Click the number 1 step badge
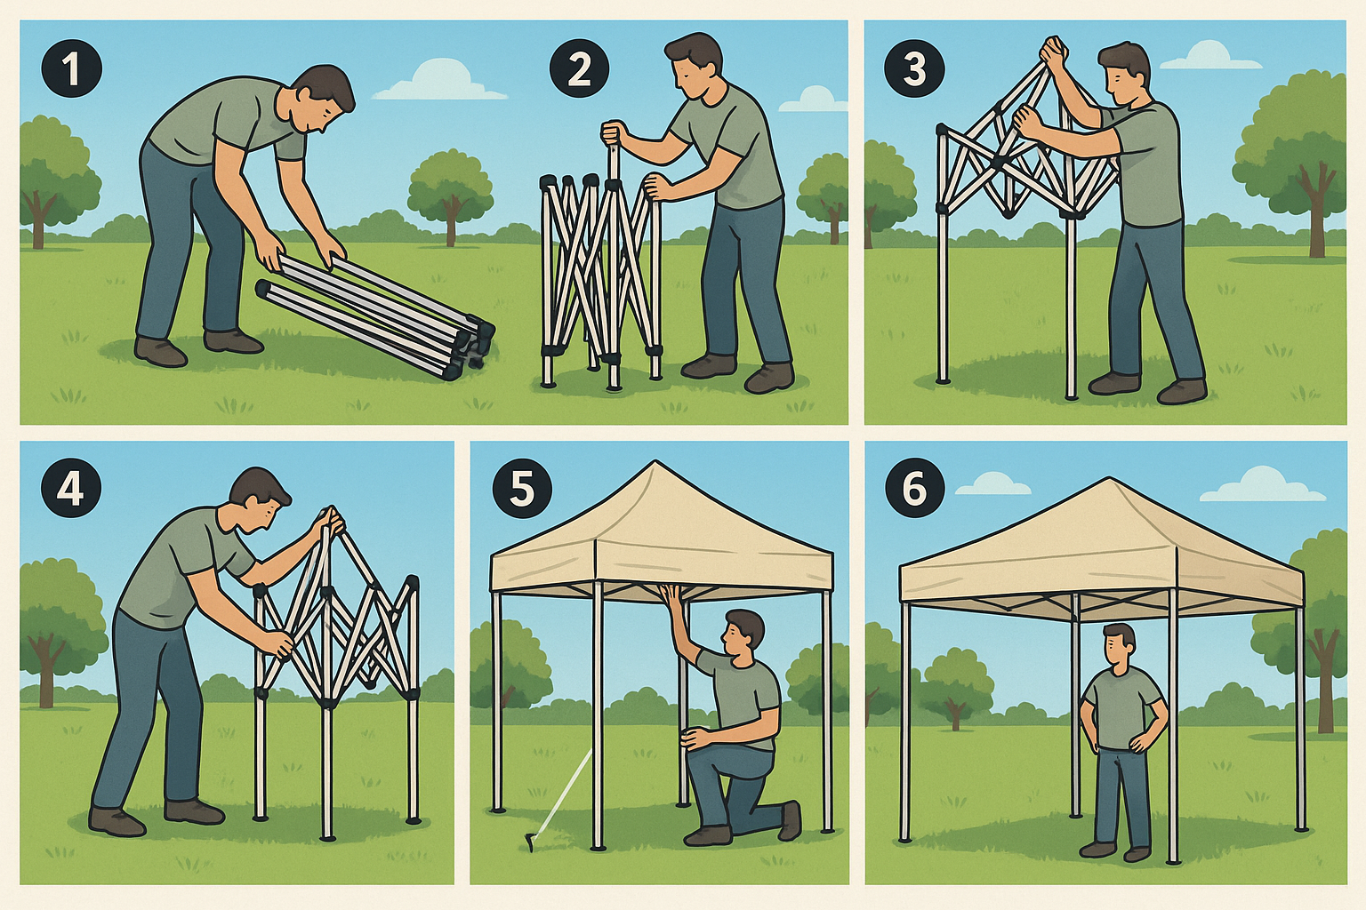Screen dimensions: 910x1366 point(72,69)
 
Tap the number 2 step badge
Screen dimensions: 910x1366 point(579,69)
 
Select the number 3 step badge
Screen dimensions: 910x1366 point(914,69)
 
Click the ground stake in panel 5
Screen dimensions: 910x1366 point(531,840)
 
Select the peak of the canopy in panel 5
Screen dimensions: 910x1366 point(655,464)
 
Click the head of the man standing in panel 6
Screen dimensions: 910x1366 point(1119,643)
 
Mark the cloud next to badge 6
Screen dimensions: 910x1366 point(993,485)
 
